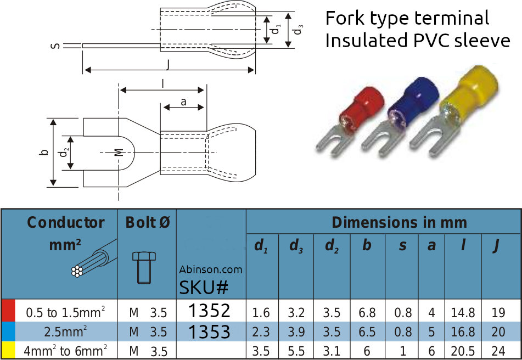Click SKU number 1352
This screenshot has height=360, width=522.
pyautogui.click(x=209, y=311)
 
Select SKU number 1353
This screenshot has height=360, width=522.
pyautogui.click(x=209, y=331)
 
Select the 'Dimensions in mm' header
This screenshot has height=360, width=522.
pyautogui.click(x=399, y=222)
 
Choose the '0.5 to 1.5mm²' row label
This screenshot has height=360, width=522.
pyautogui.click(x=66, y=313)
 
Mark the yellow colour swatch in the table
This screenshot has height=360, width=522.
pyautogui.click(x=7, y=351)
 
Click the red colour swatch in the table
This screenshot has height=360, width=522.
pyautogui.click(x=7, y=311)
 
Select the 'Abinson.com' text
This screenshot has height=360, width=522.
pyautogui.click(x=210, y=269)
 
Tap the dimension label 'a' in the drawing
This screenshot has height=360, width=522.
pyautogui.click(x=183, y=102)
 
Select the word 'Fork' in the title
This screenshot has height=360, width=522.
pyautogui.click(x=345, y=19)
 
